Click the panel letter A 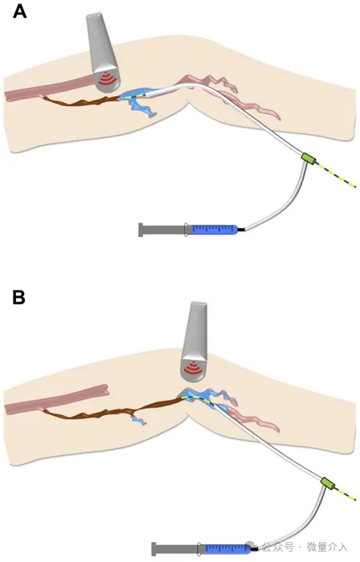pos(19,11)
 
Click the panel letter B pos(18,297)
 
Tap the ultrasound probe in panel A pos(103,53)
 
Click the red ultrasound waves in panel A pos(108,79)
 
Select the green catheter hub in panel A pos(308,157)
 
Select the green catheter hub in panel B pos(328,483)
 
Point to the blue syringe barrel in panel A pos(215,230)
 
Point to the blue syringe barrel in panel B pos(227,548)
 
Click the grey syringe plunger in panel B pos(178,548)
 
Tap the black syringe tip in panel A pos(241,230)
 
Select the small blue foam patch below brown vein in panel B pos(139,421)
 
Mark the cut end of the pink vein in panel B pos(106,390)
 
